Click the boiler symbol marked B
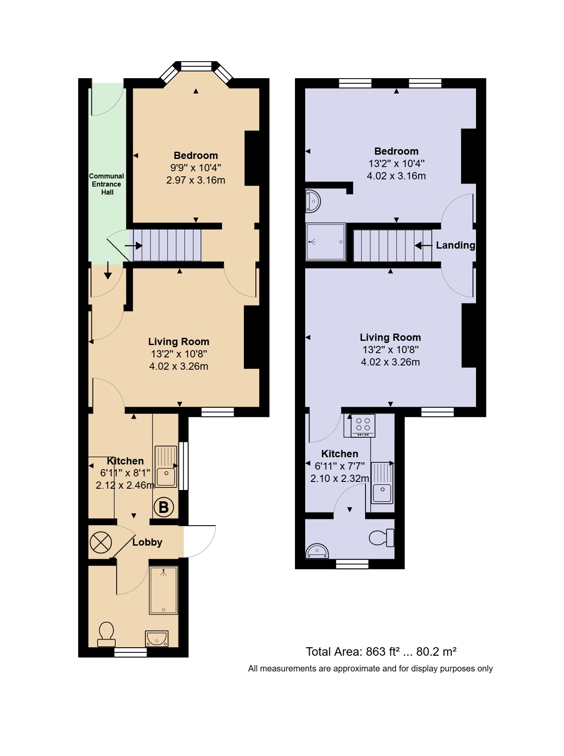[x=164, y=507]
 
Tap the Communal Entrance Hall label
[x=107, y=184]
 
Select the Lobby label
[x=147, y=542]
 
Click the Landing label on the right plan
[x=455, y=245]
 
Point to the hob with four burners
[x=363, y=425]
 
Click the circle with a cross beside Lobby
[x=101, y=543]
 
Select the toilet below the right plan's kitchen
[x=382, y=538]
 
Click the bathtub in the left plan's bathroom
[x=164, y=590]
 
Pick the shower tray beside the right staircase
[x=326, y=242]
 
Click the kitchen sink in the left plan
[x=166, y=466]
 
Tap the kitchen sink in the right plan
[x=383, y=482]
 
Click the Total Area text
[x=381, y=651]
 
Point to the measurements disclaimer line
[x=370, y=668]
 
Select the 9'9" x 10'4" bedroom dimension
[x=196, y=168]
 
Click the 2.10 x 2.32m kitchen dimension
[x=340, y=479]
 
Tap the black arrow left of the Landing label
[x=424, y=245]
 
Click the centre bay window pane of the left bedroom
[x=196, y=66]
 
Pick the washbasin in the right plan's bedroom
[x=313, y=201]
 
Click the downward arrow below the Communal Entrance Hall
[x=108, y=270]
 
